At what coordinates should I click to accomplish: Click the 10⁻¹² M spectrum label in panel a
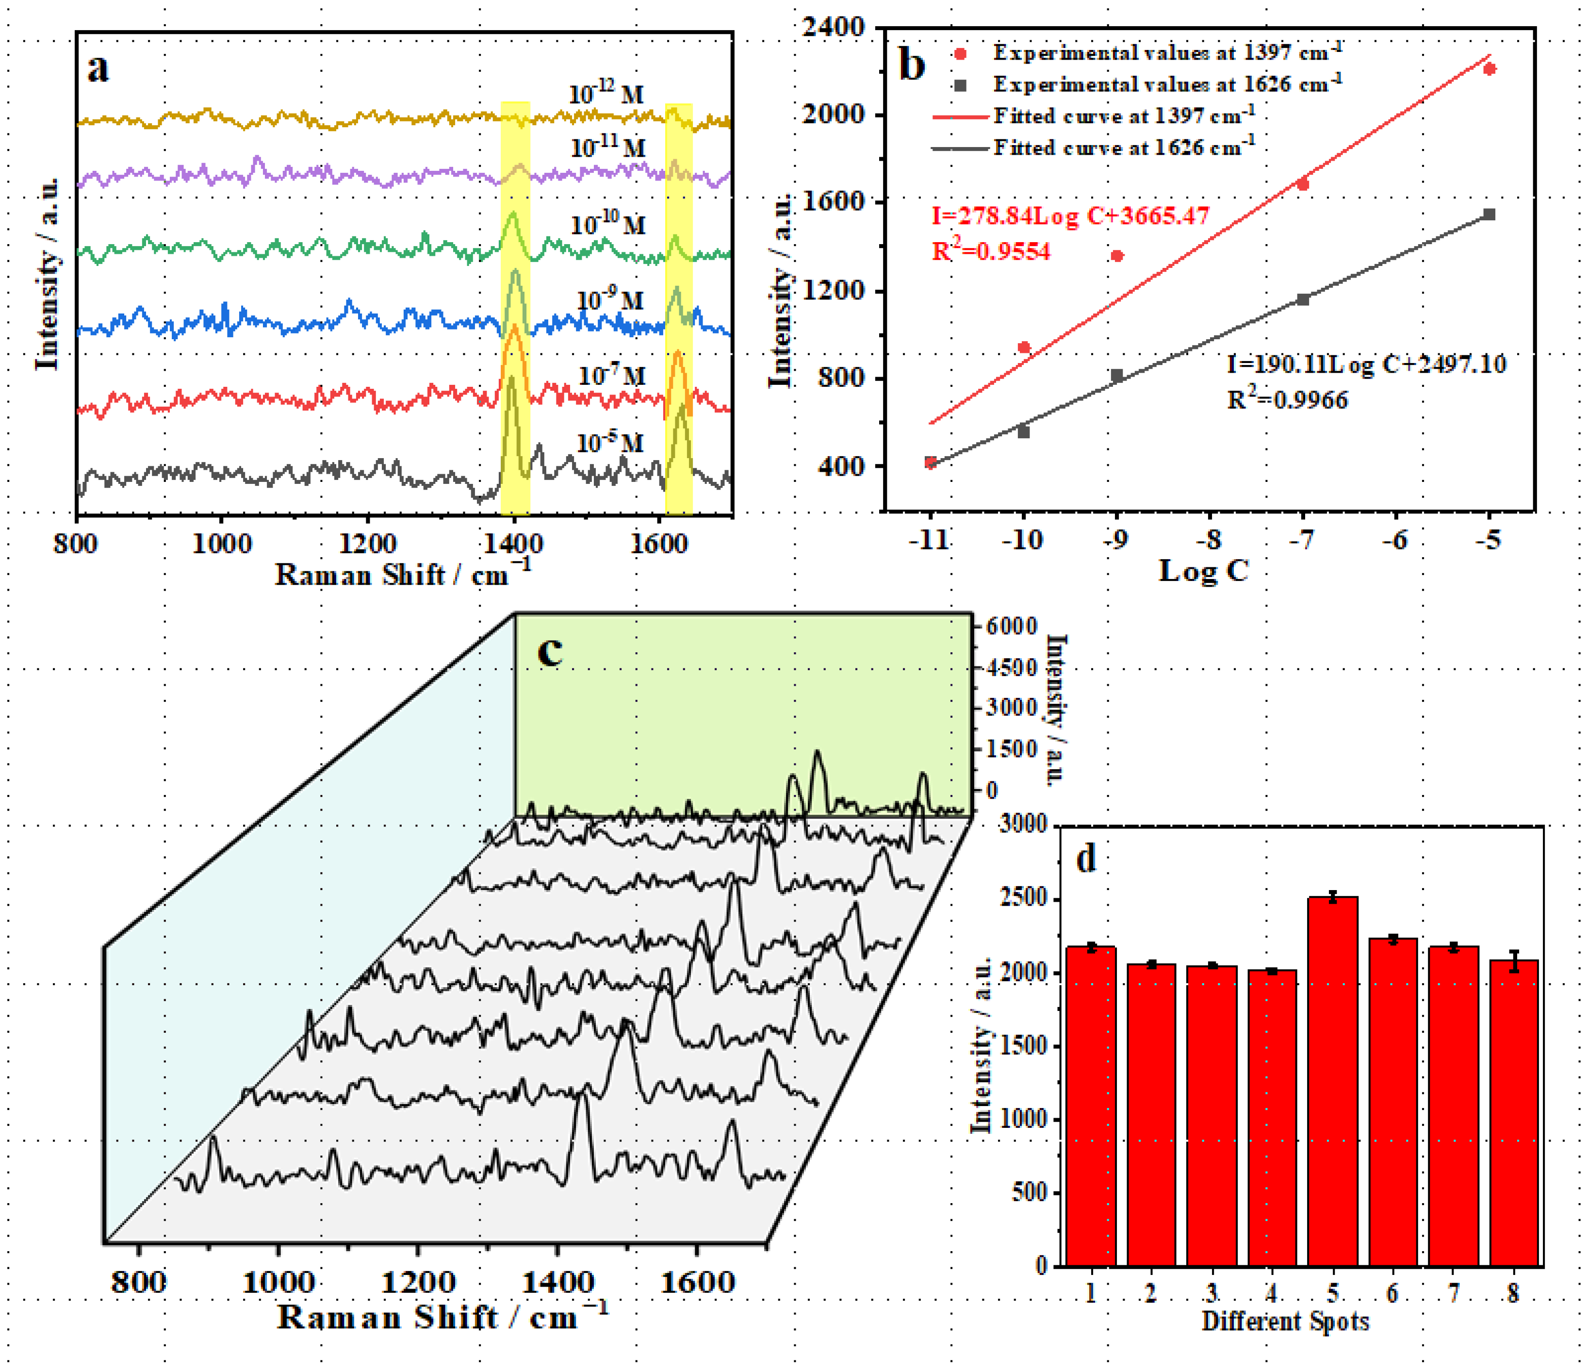(606, 94)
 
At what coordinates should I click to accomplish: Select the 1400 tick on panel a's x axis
(514, 544)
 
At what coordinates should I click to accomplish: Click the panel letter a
(98, 69)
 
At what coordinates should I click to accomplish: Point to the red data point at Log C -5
(1489, 69)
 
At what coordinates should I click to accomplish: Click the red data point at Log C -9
(1117, 256)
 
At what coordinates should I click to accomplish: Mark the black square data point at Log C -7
(1303, 299)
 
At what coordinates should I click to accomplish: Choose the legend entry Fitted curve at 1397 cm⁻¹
(1124, 116)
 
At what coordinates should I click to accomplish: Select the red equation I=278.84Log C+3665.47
(1070, 215)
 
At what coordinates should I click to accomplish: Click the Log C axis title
(1203, 570)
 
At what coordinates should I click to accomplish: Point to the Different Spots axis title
(1285, 1322)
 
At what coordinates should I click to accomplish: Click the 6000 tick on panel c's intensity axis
(1011, 626)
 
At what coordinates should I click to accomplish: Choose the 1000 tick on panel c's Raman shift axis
(278, 1282)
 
